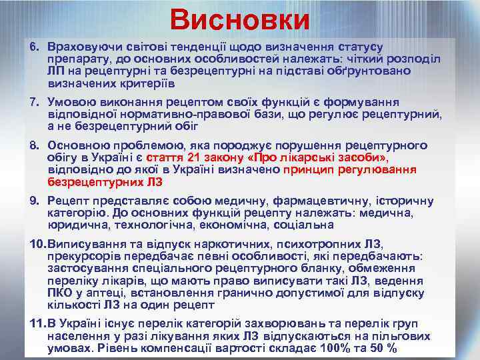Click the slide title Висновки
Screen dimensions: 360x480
click(x=239, y=20)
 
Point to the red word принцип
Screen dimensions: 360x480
click(x=307, y=169)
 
